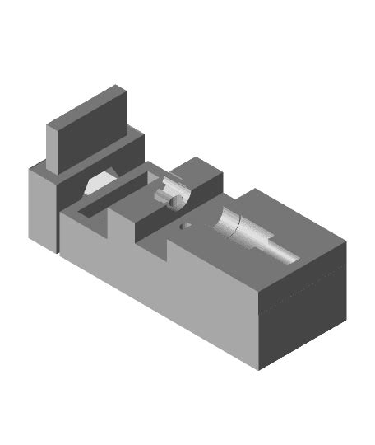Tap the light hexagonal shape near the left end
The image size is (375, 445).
pyautogui.click(x=100, y=182)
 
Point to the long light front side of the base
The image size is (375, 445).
pyautogui.click(x=164, y=288)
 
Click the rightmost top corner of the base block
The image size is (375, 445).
pyautogui.click(x=345, y=244)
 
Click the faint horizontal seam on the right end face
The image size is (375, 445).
pyautogui.click(x=303, y=288)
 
